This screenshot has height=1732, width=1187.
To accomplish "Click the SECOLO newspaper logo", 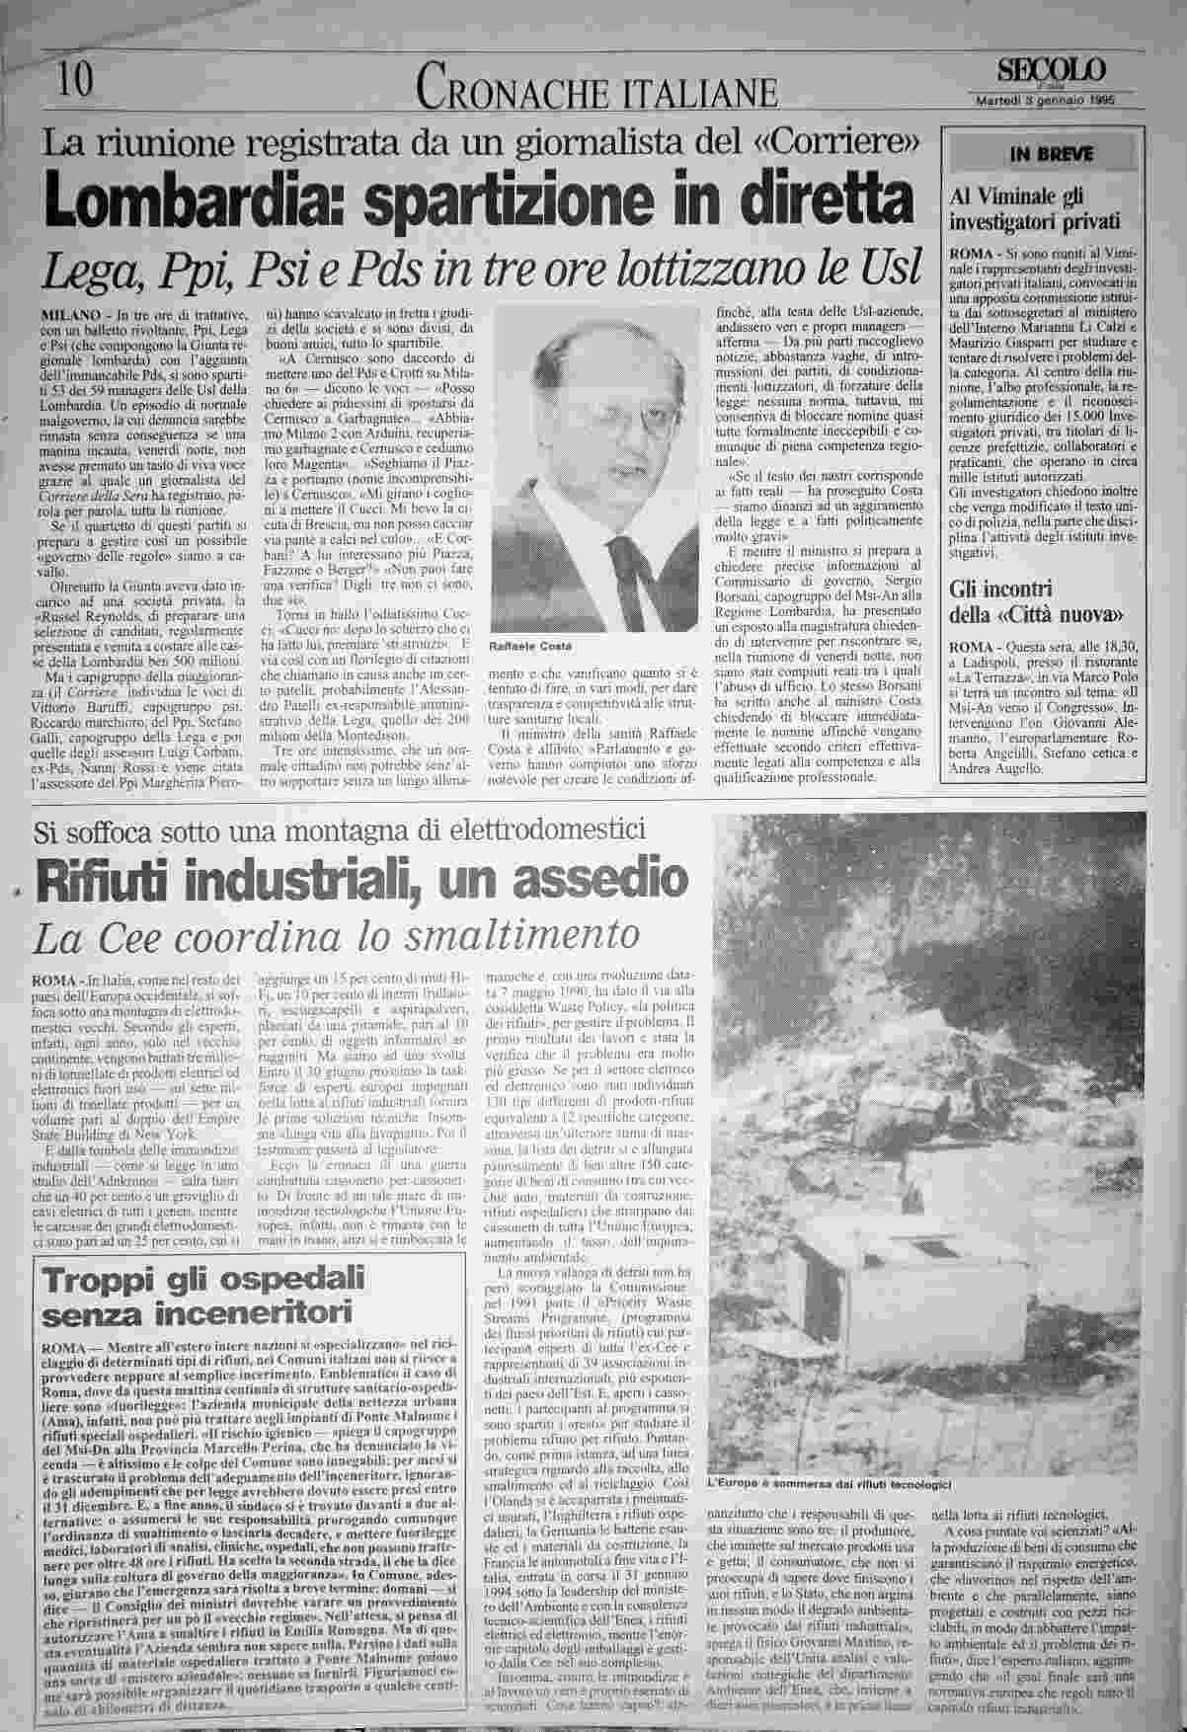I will coord(1051,70).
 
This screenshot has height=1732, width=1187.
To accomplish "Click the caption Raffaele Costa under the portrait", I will coord(523,645).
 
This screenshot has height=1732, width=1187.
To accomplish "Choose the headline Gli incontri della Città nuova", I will coord(1036,602).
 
